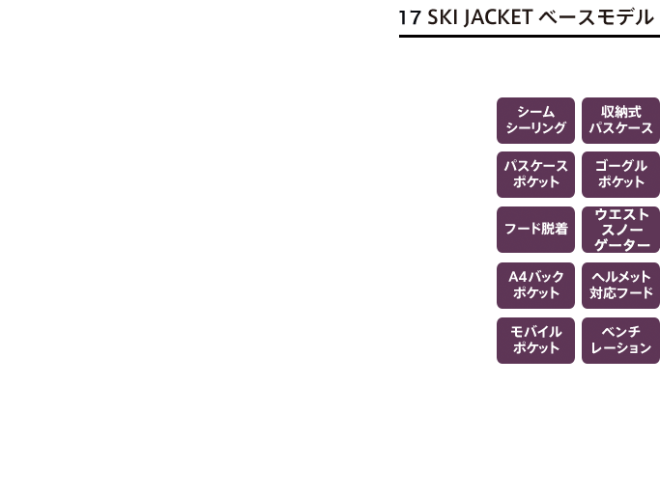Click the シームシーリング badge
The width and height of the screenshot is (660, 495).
tap(535, 121)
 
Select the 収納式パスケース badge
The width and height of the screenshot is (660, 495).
tap(620, 121)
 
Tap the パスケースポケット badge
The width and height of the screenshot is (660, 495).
tap(535, 175)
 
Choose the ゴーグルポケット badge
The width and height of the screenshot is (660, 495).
tap(620, 175)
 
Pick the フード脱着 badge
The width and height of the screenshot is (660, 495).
tap(535, 230)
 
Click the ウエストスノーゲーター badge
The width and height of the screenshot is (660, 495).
tap(620, 230)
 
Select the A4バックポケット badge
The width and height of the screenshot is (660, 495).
tap(535, 286)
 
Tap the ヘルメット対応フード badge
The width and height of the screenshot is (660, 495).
tap(620, 286)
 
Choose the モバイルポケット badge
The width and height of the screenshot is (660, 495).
tap(535, 341)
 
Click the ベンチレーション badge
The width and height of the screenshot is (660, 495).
tap(620, 341)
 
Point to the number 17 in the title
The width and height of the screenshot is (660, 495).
tap(410, 18)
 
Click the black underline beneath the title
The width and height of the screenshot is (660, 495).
tap(530, 36)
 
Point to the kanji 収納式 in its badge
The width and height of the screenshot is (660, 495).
tap(620, 112)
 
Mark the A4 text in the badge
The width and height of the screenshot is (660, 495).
tap(518, 277)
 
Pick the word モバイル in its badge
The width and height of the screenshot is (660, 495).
tap(536, 332)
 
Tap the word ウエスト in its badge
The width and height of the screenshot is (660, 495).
tap(621, 214)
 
